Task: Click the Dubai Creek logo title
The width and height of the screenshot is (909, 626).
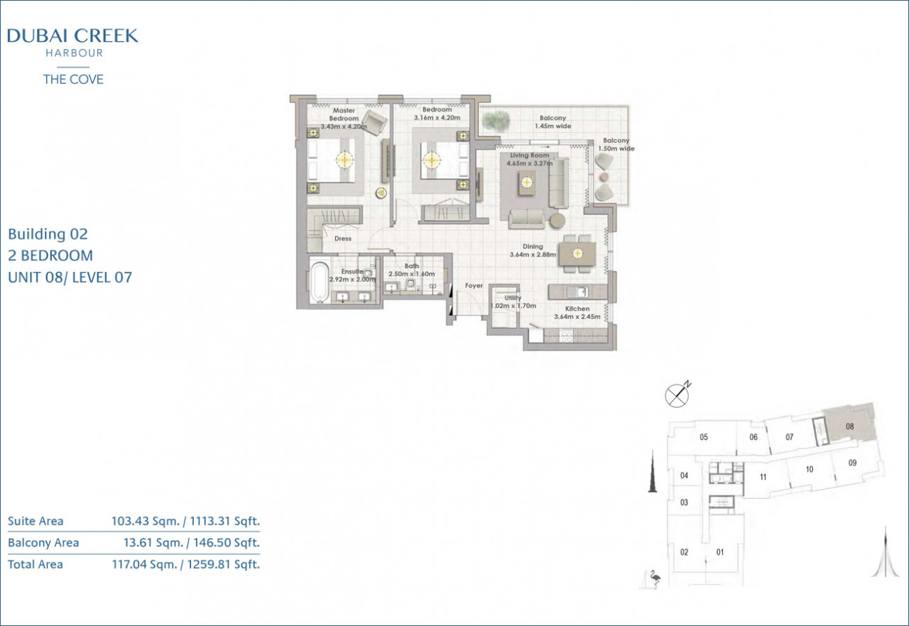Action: click(x=72, y=36)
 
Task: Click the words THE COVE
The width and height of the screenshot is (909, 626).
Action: click(x=73, y=79)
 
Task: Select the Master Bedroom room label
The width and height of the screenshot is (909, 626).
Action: click(x=344, y=114)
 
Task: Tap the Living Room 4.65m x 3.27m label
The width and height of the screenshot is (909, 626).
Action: click(x=529, y=159)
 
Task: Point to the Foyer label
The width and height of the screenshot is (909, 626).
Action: click(x=474, y=286)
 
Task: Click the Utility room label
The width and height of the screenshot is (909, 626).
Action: click(x=513, y=302)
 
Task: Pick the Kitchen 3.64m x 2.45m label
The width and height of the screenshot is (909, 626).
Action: click(x=577, y=313)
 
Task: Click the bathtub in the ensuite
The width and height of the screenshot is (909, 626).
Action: click(x=320, y=282)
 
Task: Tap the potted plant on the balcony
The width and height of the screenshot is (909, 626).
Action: click(x=496, y=121)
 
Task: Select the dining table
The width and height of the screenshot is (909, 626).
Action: click(x=577, y=254)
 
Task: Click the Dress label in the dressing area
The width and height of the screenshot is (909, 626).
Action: click(x=342, y=239)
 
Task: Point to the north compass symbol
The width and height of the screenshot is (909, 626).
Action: click(x=677, y=394)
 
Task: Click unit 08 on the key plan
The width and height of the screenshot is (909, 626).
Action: click(x=849, y=426)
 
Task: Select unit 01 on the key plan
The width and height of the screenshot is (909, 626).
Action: click(x=720, y=552)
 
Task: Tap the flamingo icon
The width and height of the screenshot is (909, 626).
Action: click(x=655, y=578)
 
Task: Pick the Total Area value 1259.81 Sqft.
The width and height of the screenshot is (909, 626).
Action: click(x=224, y=564)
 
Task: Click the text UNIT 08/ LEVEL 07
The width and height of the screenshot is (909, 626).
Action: click(x=70, y=278)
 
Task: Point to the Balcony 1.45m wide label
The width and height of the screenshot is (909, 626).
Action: click(x=553, y=122)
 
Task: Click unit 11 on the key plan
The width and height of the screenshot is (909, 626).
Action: click(x=763, y=477)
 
